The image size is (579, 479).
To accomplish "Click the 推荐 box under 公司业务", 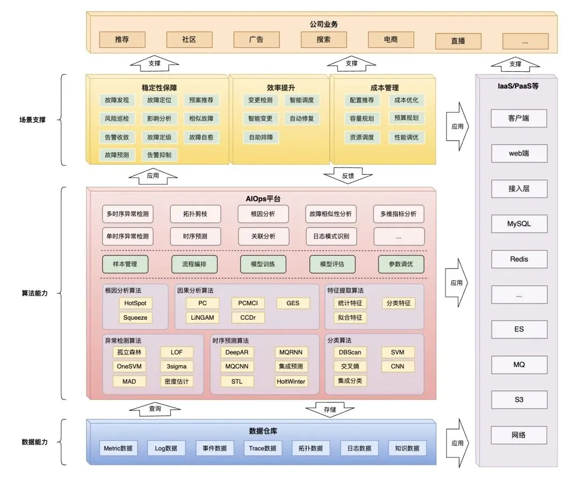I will coord(122,40).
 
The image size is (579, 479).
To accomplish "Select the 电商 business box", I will coord(390,40).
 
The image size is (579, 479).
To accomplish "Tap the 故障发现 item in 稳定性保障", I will coord(117,100).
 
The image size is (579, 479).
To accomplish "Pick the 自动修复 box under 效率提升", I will coord(302,119).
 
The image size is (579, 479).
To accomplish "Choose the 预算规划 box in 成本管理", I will coord(406,118).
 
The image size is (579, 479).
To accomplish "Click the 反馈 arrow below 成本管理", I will coord(348,176).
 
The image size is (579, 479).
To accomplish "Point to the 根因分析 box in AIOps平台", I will coord(263,214).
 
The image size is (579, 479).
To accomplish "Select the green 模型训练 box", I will coord(263,264).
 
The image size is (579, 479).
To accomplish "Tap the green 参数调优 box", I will coord(400,264).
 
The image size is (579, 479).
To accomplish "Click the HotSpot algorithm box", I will coord(135,303).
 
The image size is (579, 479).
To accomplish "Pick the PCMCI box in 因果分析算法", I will coord(248,303).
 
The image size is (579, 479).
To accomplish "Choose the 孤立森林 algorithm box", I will coord(129,352).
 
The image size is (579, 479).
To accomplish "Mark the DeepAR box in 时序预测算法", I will coord(237,352).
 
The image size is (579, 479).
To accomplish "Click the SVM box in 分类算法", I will coord(398,352).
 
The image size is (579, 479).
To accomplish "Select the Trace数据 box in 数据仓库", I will coord(263,448).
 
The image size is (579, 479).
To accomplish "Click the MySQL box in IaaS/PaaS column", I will coord(519,224).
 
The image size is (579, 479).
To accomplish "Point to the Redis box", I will coord(519,259).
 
